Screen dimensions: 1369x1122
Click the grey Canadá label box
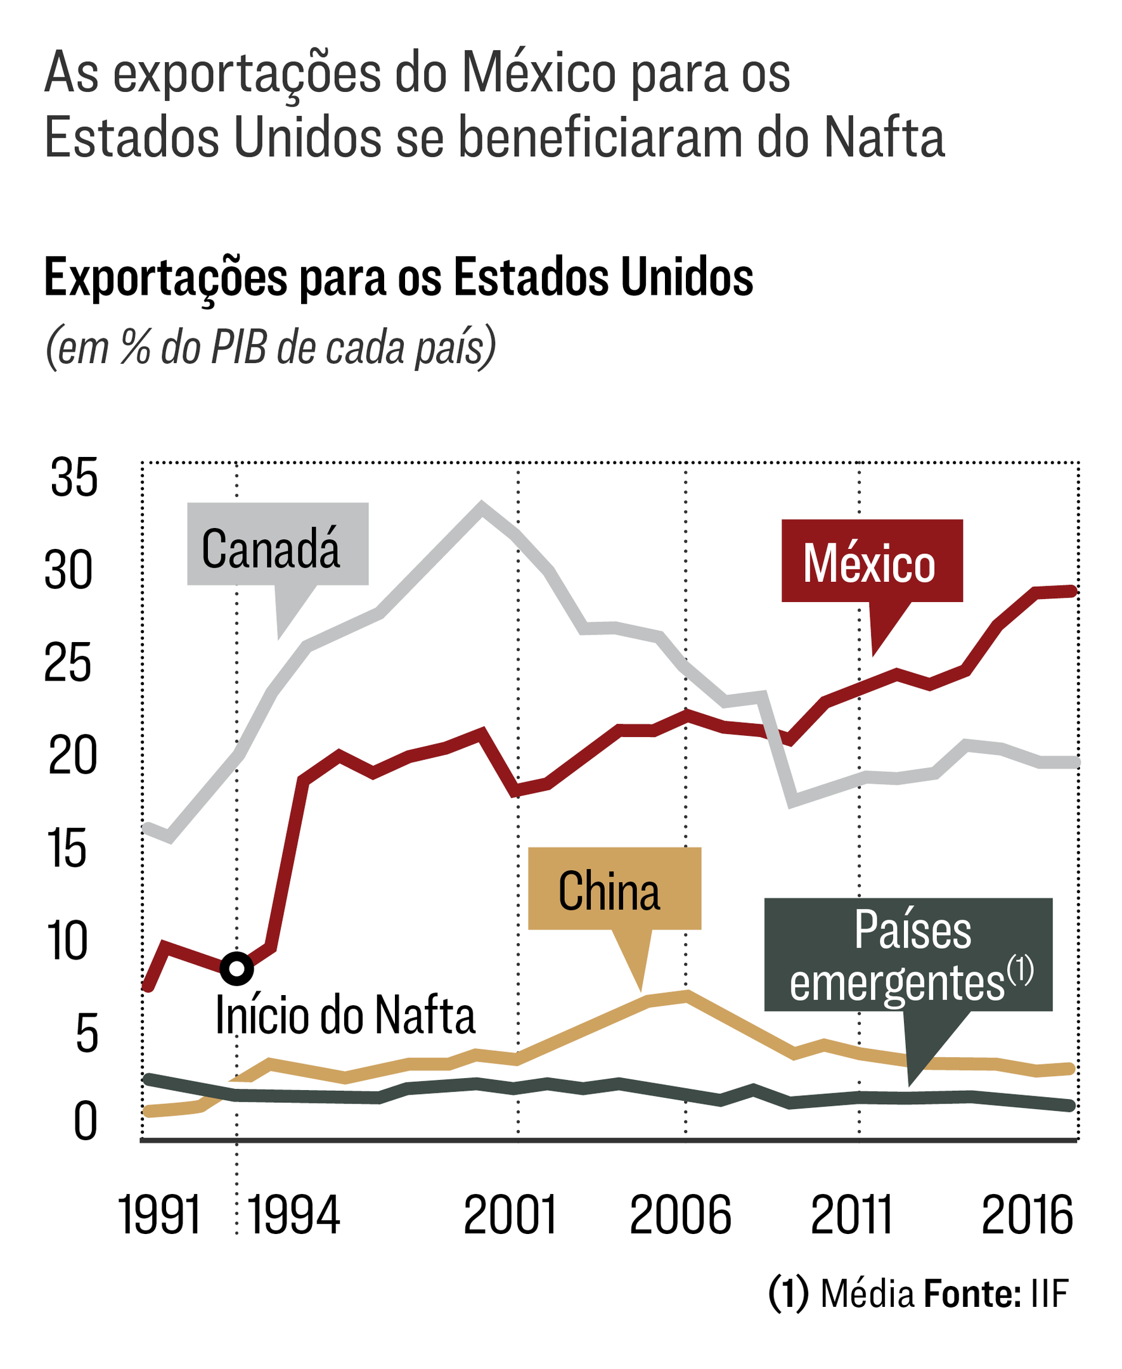pos(277,544)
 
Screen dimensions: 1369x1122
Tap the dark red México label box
pos(871,561)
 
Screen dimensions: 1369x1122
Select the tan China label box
pos(614,889)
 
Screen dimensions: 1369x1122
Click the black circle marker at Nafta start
pos(236,968)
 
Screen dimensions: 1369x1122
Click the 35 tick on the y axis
pos(74,477)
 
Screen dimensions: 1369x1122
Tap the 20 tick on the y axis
pos(72,755)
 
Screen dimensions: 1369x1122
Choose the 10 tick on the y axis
pos(67,941)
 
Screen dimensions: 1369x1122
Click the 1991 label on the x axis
pos(159,1215)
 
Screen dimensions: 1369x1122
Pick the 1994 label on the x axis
pos(294,1215)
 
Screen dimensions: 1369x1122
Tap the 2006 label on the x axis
pos(680,1215)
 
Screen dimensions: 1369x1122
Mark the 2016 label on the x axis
pos(1027,1215)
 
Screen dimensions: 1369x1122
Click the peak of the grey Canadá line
pos(481,505)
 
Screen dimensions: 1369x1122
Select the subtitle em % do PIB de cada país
pos(271,347)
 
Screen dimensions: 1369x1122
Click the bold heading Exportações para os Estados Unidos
pos(398,278)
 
